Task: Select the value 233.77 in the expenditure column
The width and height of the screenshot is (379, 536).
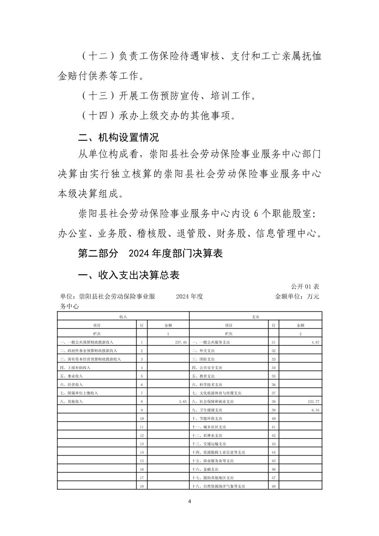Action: (x=313, y=402)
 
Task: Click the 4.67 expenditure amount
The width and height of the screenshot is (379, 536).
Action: (x=315, y=342)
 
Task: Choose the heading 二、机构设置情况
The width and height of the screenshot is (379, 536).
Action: (x=118, y=137)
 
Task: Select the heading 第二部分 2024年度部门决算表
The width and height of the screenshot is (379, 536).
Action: (x=150, y=253)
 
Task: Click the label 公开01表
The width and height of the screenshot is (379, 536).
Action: (x=305, y=286)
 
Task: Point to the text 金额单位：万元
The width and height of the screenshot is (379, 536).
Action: (x=297, y=297)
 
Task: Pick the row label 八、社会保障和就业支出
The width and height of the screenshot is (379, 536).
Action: (x=213, y=402)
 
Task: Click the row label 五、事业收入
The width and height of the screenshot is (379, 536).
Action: (x=72, y=376)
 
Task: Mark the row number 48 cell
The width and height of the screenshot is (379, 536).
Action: (x=273, y=486)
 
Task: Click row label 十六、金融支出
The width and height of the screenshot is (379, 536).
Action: (x=205, y=469)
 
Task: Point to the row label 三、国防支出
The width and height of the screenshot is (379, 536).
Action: (x=203, y=359)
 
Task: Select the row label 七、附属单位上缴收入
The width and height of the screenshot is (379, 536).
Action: (x=79, y=393)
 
